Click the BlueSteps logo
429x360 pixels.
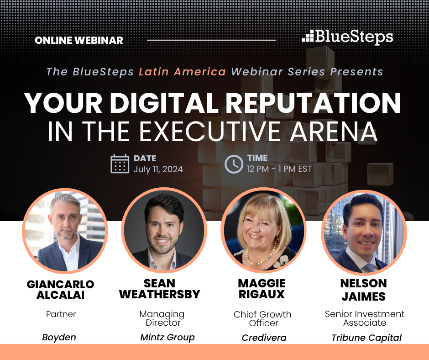coord(347,37)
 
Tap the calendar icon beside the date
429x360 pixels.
coord(120,164)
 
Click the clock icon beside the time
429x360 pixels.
coord(234,164)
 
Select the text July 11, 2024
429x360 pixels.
coord(158,169)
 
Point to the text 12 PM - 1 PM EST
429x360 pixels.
coord(279,169)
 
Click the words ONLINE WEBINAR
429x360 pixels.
coord(79,40)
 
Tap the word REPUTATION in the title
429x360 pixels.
coord(313,103)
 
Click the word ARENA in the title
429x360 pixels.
coord(334,132)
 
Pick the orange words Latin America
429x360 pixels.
coord(182,72)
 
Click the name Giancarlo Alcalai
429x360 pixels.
coord(60,290)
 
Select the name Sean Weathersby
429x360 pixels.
coord(160,289)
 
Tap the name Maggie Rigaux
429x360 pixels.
coord(262,289)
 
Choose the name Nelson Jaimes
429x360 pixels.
coord(364,290)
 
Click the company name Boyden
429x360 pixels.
coord(59,337)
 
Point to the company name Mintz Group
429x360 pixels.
coord(167,337)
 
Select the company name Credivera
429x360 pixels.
coord(264,338)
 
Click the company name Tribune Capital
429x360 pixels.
coord(366,338)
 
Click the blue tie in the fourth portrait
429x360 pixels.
coord(369,268)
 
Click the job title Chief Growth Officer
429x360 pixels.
coord(263,318)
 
